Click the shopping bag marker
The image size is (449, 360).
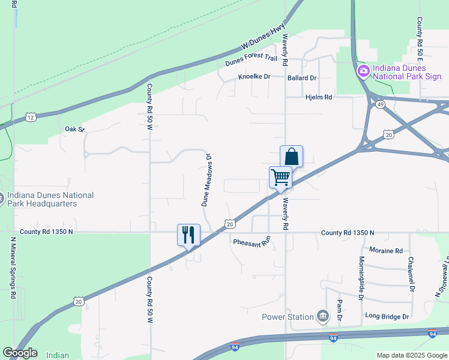pyautogui.click(x=291, y=157)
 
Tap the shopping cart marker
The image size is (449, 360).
pyautogui.click(x=280, y=178)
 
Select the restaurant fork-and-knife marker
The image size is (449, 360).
pyautogui.click(x=188, y=235)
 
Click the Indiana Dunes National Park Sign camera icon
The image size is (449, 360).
pyautogui.click(x=363, y=72)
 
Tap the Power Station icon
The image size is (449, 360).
pyautogui.click(x=323, y=316)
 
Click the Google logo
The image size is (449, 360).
pyautogui.click(x=20, y=353)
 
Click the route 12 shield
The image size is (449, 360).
pyautogui.click(x=30, y=116)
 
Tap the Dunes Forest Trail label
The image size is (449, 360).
pyautogui.click(x=252, y=61)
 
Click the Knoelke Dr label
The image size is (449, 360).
pyautogui.click(x=255, y=77)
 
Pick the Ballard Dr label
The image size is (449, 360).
pyautogui.click(x=302, y=78)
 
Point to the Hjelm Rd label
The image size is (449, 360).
pyautogui.click(x=319, y=97)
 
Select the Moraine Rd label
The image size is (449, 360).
pyautogui.click(x=386, y=250)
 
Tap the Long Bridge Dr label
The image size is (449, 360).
pyautogui.click(x=387, y=316)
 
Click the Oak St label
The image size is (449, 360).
pyautogui.click(x=75, y=129)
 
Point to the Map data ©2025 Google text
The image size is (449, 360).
pyautogui.click(x=411, y=355)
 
